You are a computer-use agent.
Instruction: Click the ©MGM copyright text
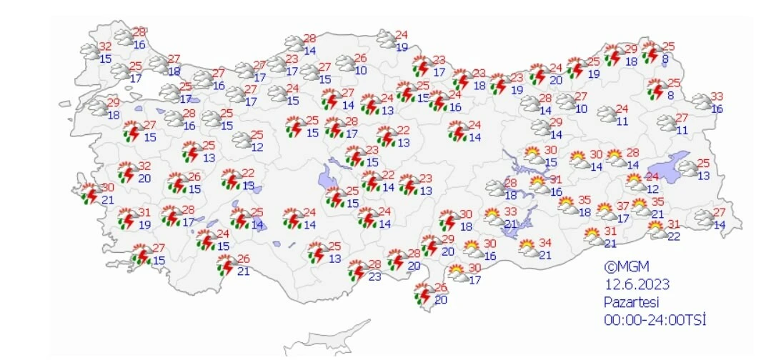point(627,268)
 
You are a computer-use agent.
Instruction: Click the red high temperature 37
point(623,206)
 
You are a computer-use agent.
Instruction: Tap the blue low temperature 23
point(375,278)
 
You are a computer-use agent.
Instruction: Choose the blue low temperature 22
point(673,236)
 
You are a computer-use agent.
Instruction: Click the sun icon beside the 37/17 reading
point(606,211)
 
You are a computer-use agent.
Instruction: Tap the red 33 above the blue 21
point(510,212)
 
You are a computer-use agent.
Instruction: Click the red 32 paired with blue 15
point(105,47)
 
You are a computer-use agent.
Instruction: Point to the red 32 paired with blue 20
point(144,166)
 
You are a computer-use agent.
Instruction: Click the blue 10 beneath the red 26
point(361,70)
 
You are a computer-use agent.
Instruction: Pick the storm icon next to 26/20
point(424,294)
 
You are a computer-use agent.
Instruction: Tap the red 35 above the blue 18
point(585,200)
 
